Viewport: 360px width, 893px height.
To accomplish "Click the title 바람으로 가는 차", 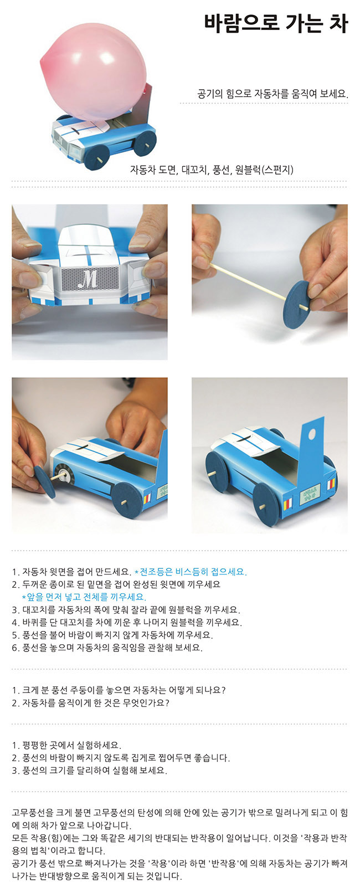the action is [276, 23].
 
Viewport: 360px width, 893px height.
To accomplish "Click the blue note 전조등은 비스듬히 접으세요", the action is [191, 572].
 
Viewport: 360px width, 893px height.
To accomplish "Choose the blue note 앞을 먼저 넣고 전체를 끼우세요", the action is [84, 597].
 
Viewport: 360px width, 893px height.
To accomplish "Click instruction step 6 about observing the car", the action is [107, 648].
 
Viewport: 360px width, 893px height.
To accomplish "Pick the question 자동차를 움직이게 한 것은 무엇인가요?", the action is [90, 702].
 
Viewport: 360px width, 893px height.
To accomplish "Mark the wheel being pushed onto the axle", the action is [45, 481].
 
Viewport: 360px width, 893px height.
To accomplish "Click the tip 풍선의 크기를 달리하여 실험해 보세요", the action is [89, 770].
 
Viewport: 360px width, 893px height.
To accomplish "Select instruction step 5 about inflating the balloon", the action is [112, 635].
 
